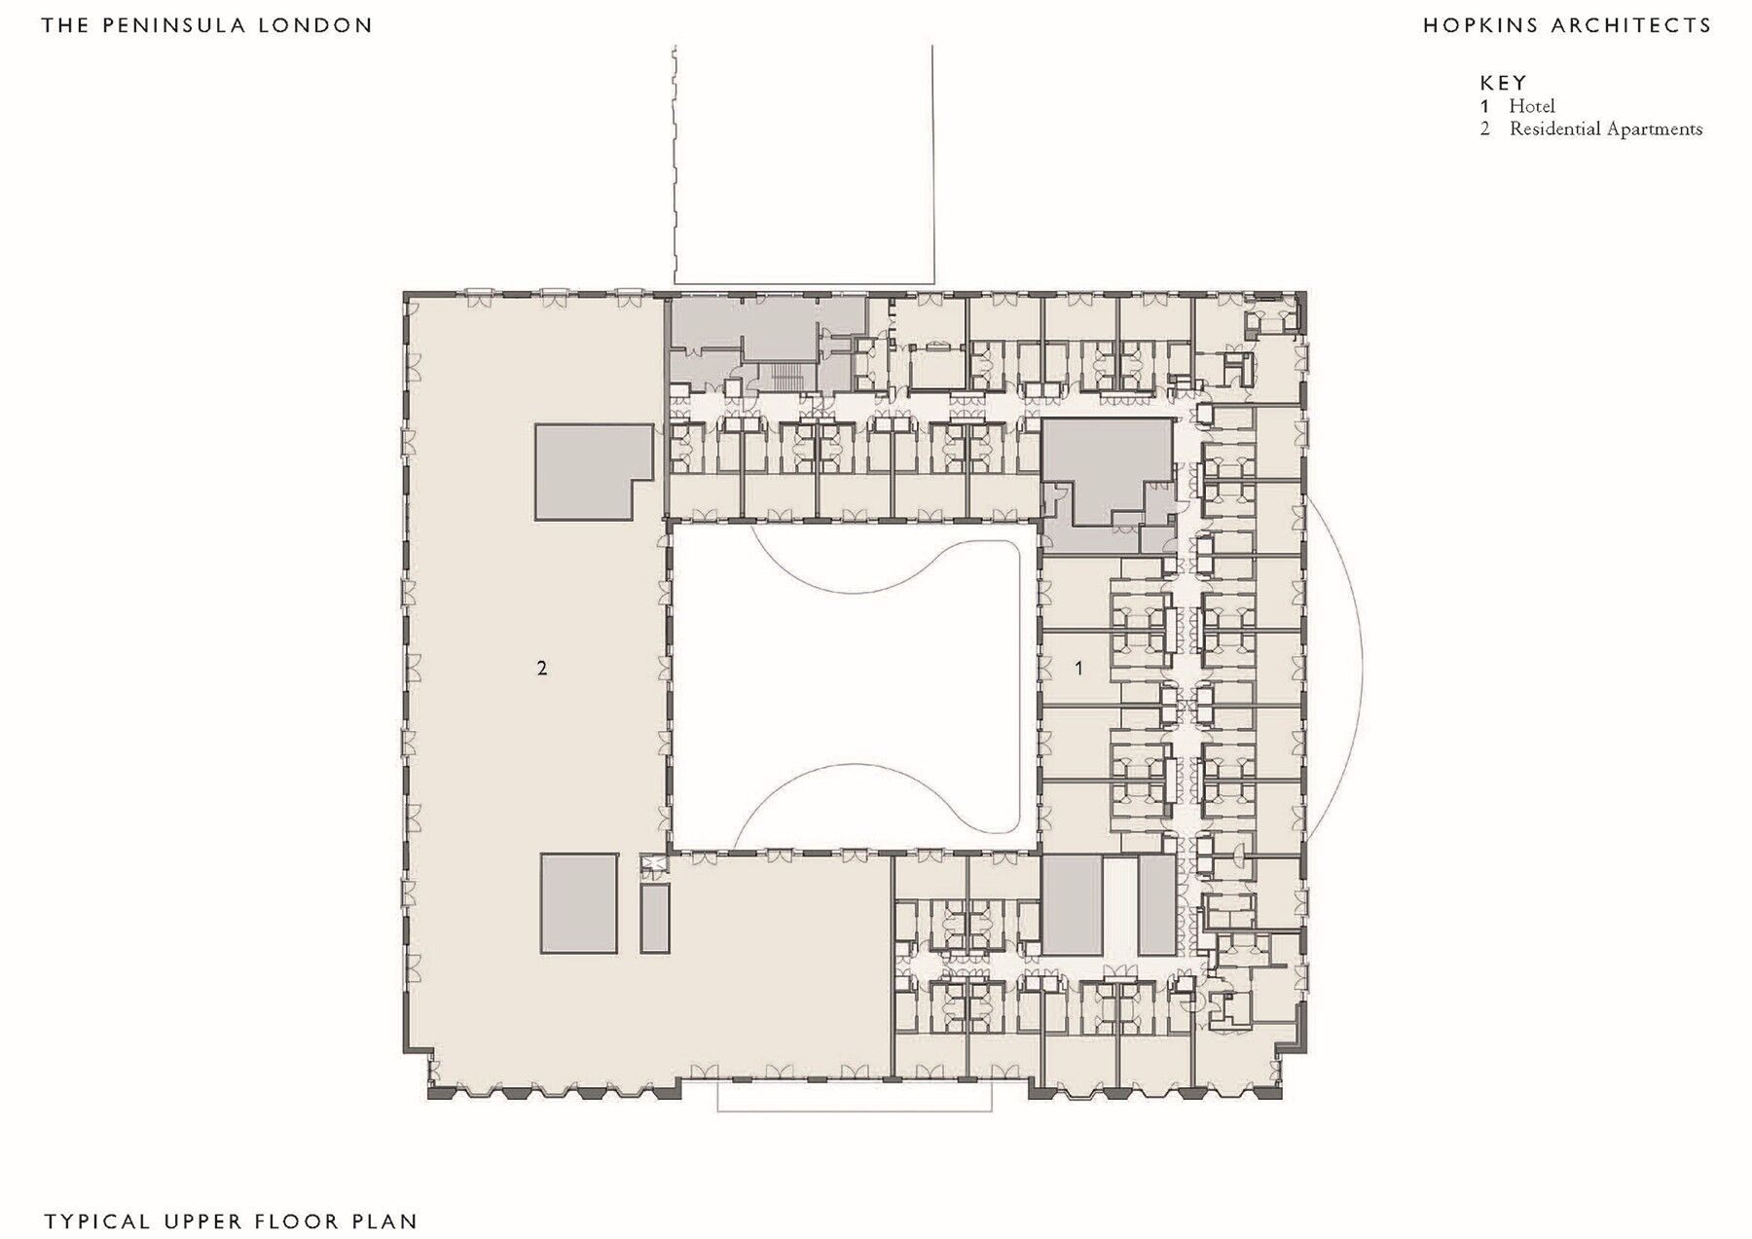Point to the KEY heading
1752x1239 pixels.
[1503, 83]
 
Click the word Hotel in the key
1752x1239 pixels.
[1532, 106]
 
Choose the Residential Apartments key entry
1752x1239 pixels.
[1605, 128]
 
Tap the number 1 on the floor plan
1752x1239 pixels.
[1077, 668]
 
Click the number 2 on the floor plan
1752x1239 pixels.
[542, 668]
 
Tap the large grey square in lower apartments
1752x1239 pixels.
[579, 903]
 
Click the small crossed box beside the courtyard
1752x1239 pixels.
[653, 863]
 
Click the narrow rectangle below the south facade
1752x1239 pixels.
[855, 1097]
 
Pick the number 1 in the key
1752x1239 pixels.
[1485, 106]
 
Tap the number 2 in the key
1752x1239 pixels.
[1485, 128]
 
